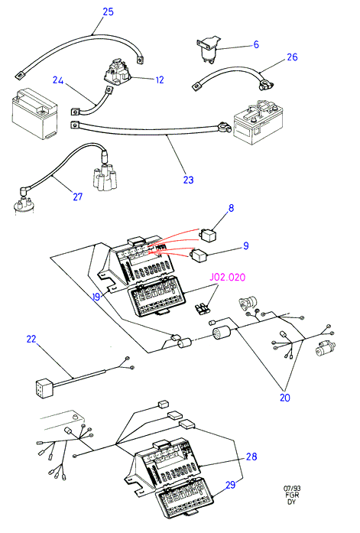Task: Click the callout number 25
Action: [x=108, y=11]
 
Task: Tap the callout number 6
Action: [x=256, y=44]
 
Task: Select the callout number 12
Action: [x=160, y=80]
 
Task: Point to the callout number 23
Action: [x=188, y=180]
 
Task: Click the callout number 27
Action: [x=77, y=197]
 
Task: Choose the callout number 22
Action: [x=31, y=339]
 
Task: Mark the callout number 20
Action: [x=284, y=398]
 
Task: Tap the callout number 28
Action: [x=251, y=457]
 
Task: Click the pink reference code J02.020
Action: [x=227, y=278]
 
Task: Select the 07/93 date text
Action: [x=292, y=489]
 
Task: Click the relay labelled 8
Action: [x=208, y=235]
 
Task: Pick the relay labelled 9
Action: [x=199, y=255]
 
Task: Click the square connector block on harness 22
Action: [x=44, y=388]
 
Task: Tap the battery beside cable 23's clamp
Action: [x=259, y=122]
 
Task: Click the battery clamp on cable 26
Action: [x=267, y=85]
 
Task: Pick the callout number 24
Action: [x=58, y=80]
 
